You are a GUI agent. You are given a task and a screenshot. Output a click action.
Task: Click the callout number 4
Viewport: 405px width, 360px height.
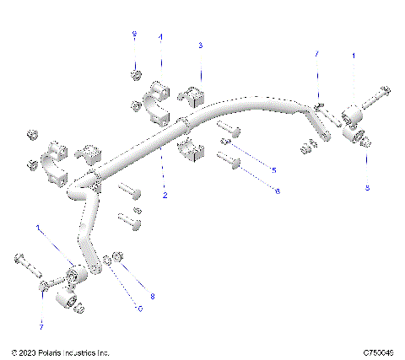pos(161,37)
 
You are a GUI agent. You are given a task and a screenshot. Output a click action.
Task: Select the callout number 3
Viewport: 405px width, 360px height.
pos(199,45)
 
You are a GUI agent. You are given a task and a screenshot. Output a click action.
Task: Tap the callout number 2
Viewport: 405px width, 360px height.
pos(165,195)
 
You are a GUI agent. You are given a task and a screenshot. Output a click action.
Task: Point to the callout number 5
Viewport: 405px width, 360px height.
pos(273,170)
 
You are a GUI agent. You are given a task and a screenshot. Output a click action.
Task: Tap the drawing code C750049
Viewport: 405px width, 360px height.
pos(381,352)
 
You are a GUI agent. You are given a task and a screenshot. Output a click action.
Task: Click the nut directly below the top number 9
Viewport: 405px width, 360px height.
pos(135,75)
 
